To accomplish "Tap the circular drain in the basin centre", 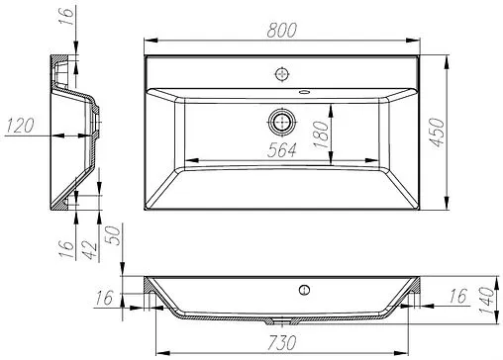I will (x=282, y=122).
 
